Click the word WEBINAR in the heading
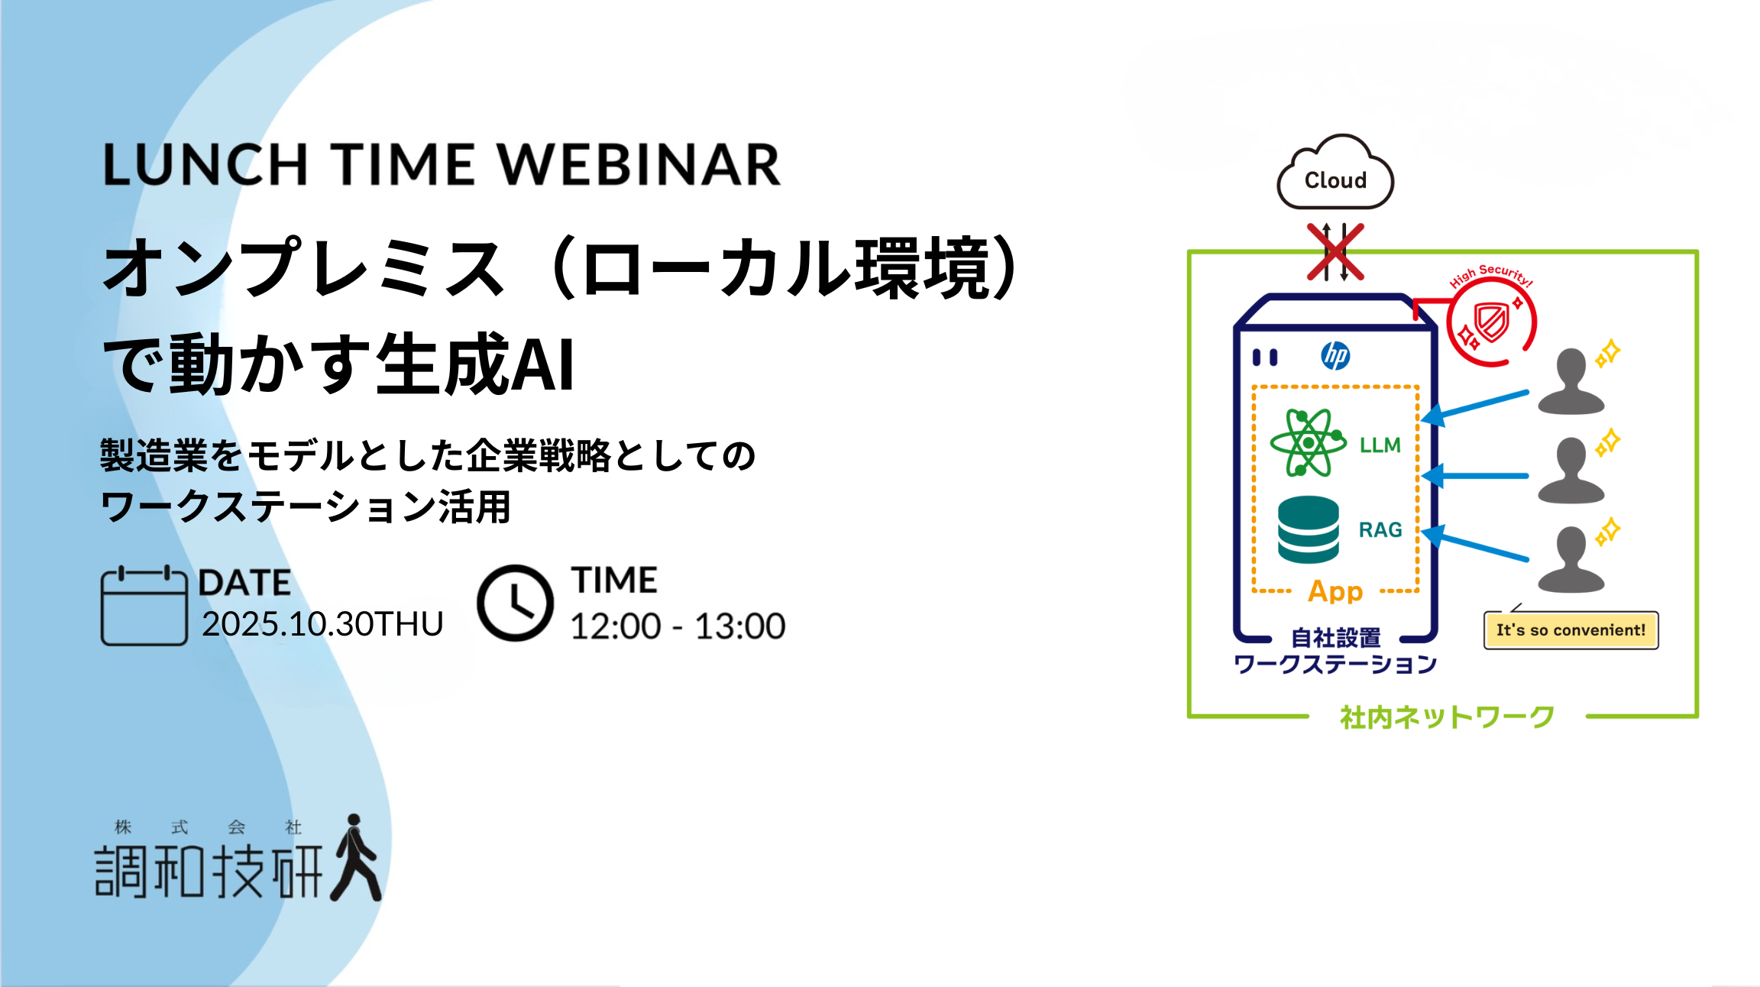[x=639, y=164]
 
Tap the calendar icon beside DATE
[x=144, y=606]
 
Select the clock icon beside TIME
[x=515, y=603]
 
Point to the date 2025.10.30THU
[x=322, y=624]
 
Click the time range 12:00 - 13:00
[x=678, y=626]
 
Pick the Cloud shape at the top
[x=1335, y=173]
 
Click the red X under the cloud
[x=1335, y=251]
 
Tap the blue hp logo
[x=1335, y=356]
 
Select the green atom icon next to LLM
[x=1308, y=442]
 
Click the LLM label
[x=1380, y=445]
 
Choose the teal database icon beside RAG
[x=1309, y=529]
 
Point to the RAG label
[x=1380, y=529]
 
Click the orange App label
[x=1335, y=591]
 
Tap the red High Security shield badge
[x=1490, y=319]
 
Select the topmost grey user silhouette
[x=1571, y=382]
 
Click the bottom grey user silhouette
[x=1571, y=560]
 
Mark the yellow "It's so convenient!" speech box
[x=1571, y=630]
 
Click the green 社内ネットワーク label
[x=1448, y=717]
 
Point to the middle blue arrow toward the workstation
[x=1475, y=476]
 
